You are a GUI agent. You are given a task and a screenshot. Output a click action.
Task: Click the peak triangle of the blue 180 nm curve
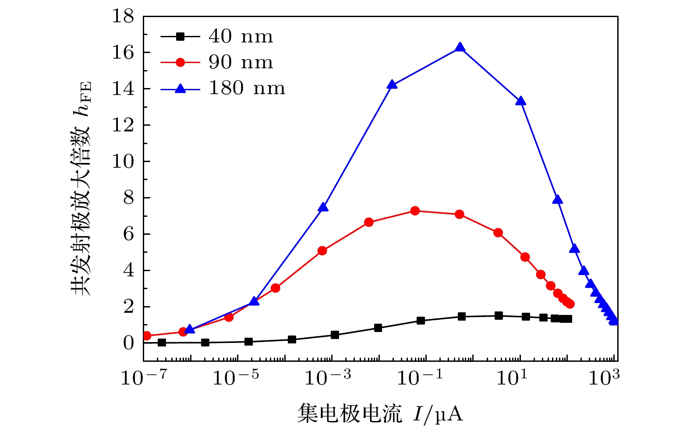[460, 47]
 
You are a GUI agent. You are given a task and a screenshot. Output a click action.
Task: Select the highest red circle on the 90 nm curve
[415, 211]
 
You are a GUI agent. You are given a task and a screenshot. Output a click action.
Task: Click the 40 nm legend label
[241, 37]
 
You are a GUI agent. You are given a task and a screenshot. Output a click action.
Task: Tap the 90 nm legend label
[241, 63]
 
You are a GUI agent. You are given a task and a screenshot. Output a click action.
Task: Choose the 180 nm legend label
[247, 88]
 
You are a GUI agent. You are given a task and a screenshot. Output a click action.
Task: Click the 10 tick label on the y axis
[123, 162]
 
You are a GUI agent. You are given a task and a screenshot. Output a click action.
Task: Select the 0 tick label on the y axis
[128, 343]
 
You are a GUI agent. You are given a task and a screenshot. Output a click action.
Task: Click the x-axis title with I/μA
[380, 413]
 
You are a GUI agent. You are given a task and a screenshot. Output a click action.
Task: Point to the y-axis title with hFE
[82, 188]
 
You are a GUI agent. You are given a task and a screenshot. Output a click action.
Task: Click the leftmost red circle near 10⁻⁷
[147, 336]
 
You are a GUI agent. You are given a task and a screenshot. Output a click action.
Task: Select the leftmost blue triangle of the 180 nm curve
[190, 329]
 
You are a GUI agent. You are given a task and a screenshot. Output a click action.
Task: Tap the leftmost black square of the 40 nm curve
[162, 343]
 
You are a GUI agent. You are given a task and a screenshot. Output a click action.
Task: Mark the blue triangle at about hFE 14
[392, 85]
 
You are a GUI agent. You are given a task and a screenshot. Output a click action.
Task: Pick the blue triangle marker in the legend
[180, 88]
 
